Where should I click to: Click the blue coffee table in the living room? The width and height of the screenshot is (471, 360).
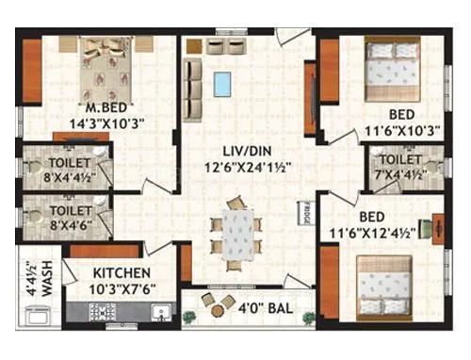pos(222,83)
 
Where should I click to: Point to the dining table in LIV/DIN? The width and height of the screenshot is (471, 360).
pos(236,231)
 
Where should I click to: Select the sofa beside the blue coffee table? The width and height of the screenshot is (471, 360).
pos(192,82)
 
